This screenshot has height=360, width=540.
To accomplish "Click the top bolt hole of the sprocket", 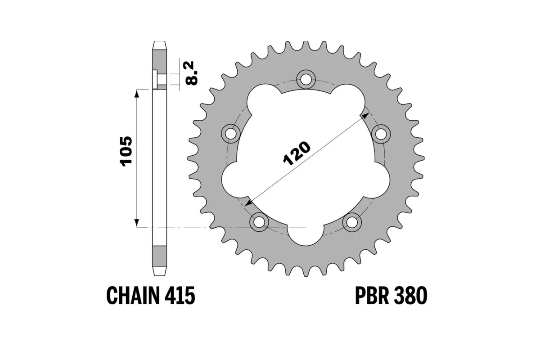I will (306, 79).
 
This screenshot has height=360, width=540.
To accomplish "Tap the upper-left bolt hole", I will (232, 133).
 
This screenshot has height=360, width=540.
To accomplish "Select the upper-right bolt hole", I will (381, 133).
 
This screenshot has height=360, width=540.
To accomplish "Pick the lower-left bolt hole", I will (260, 221).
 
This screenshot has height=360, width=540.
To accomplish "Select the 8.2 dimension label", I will (192, 74).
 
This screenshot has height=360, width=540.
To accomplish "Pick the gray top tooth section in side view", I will (160, 58).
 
